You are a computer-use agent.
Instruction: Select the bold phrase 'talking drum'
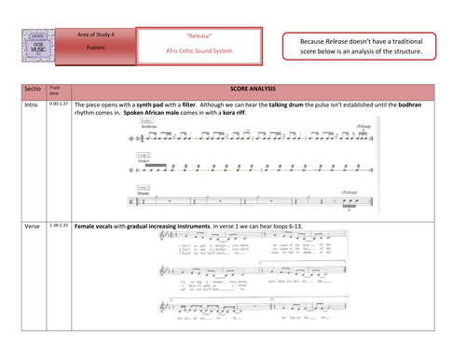[x=315, y=105]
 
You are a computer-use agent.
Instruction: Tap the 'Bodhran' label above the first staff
[x=146, y=127]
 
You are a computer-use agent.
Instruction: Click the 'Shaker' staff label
[x=144, y=160]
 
